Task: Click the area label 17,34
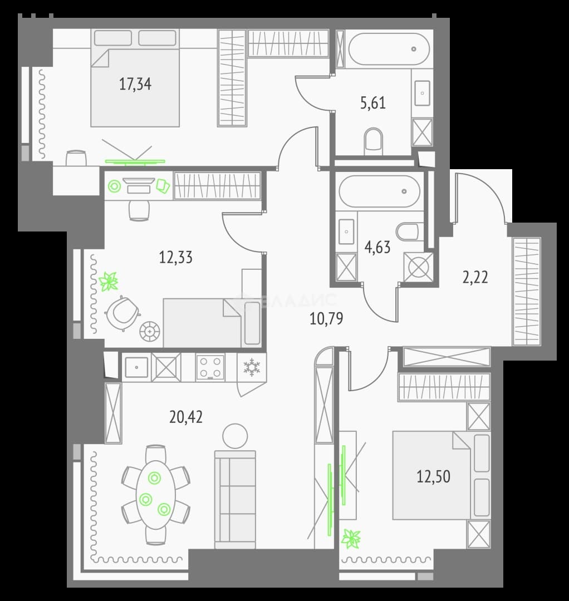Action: point(135,83)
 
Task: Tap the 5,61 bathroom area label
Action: point(372,103)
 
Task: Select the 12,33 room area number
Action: point(175,257)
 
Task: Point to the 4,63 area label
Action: point(377,247)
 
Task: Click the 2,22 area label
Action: point(475,277)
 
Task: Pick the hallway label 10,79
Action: point(326,318)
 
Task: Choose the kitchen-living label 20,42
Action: point(186,417)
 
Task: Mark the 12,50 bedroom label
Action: point(433,476)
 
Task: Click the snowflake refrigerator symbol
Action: point(252,367)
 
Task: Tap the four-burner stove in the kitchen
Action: point(210,367)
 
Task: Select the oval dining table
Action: point(156,495)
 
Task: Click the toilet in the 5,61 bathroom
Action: point(374,141)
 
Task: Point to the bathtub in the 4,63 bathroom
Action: point(379,191)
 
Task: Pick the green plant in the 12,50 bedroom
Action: point(351,539)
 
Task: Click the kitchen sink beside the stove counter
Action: point(136,367)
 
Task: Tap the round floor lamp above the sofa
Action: point(235,436)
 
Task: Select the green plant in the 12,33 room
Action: point(109,282)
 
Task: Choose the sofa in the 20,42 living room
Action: point(235,500)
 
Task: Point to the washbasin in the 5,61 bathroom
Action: point(423,93)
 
